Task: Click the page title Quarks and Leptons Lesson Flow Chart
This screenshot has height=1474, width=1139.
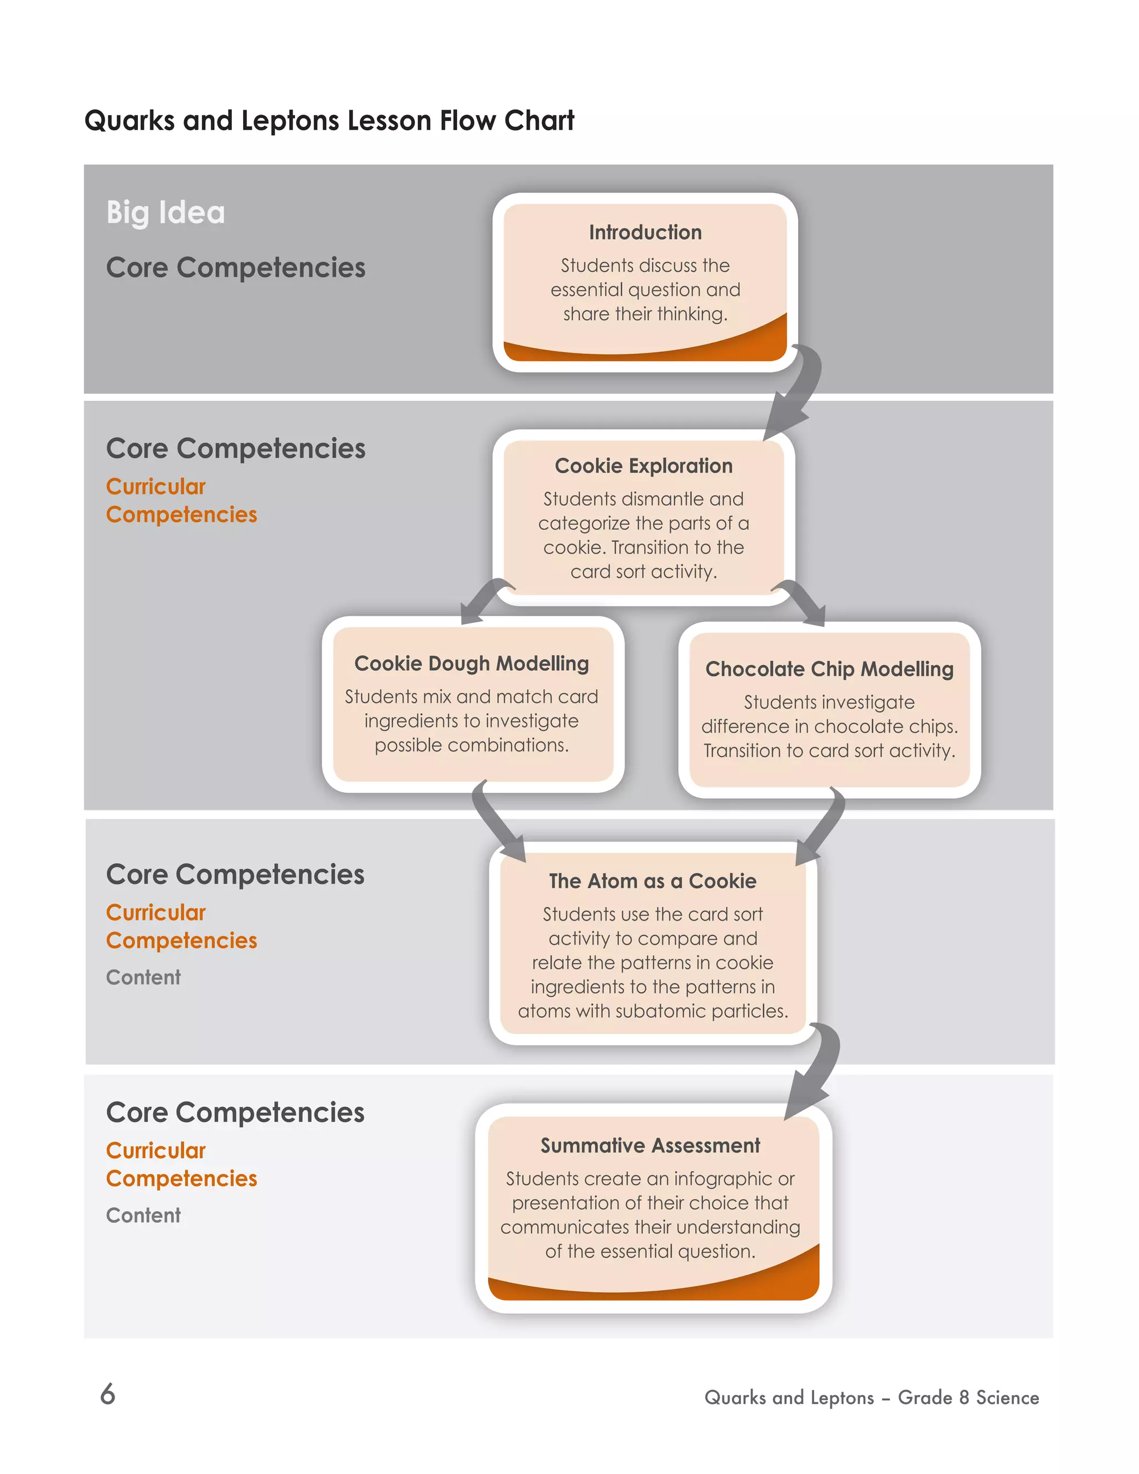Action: click(x=329, y=121)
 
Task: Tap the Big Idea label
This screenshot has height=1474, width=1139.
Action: click(x=165, y=212)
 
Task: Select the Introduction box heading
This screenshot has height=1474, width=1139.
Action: click(x=645, y=232)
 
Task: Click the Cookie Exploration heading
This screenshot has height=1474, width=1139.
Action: click(x=643, y=466)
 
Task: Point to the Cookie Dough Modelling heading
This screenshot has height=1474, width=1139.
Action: click(x=471, y=664)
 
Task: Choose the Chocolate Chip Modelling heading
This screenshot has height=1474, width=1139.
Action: click(x=829, y=669)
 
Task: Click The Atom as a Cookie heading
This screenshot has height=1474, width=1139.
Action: click(x=652, y=881)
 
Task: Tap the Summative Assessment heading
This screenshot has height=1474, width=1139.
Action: click(x=650, y=1145)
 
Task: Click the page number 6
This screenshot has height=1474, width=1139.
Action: click(x=108, y=1394)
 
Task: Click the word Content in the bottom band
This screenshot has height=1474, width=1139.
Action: click(x=143, y=1215)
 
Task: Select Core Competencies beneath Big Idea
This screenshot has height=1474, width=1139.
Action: click(x=235, y=268)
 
